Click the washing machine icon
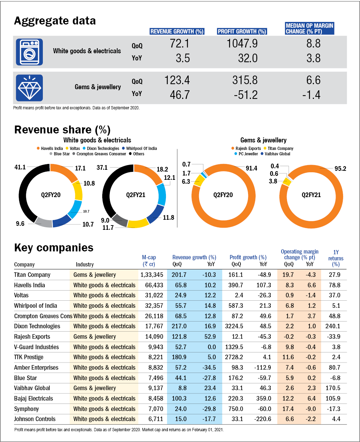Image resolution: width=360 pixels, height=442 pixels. pyautogui.click(x=30, y=52)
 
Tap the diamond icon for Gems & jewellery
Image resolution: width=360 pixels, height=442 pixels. pyautogui.click(x=30, y=88)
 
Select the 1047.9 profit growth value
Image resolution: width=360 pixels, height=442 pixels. pyautogui.click(x=242, y=44)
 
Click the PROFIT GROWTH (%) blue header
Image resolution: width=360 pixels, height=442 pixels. pyautogui.click(x=242, y=32)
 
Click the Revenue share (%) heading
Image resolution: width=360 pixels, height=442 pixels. pyautogui.click(x=62, y=130)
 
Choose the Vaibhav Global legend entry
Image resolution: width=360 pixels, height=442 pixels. pyautogui.click(x=277, y=154)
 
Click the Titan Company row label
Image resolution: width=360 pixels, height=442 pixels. pyautogui.click(x=32, y=275)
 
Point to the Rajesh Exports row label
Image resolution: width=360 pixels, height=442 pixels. pyautogui.click(x=32, y=337)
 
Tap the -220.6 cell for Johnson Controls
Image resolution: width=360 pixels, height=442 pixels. pyautogui.click(x=264, y=419)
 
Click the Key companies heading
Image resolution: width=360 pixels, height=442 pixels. pyautogui.click(x=54, y=248)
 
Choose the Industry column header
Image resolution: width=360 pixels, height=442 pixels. pyautogui.click(x=85, y=264)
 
